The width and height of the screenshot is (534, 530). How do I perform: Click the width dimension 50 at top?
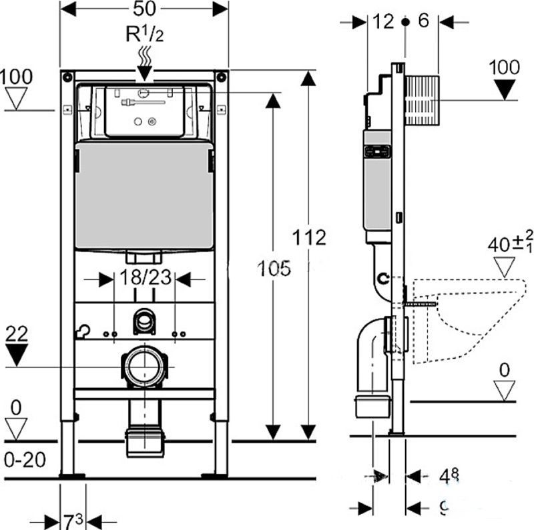tap(144, 9)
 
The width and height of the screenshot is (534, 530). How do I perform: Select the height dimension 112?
tap(309, 237)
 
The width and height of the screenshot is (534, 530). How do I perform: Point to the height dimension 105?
tap(274, 268)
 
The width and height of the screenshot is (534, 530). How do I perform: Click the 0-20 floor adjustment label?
tap(23, 459)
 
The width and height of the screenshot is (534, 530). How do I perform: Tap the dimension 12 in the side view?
tap(384, 21)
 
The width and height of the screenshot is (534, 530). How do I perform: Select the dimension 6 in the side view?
tap(423, 21)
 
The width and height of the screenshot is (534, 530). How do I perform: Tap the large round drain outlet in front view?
tap(144, 366)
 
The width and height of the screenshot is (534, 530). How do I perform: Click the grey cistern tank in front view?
tap(144, 197)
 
